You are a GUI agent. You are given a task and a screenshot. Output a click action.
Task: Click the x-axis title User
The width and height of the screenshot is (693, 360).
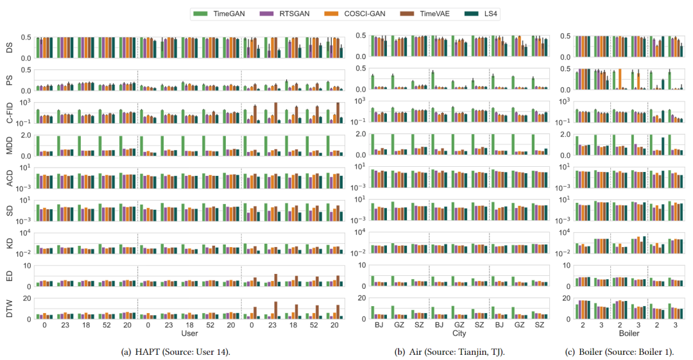pyautogui.click(x=189, y=334)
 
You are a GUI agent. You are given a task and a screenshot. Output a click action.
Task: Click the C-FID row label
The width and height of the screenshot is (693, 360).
pyautogui.click(x=10, y=112)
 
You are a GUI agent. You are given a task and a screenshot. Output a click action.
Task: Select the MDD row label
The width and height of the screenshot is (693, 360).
pyautogui.click(x=10, y=145)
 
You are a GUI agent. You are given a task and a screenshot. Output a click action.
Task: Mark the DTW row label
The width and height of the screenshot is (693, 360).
pyautogui.click(x=10, y=308)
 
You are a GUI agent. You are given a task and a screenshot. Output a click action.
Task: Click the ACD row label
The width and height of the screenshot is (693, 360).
pyautogui.click(x=10, y=178)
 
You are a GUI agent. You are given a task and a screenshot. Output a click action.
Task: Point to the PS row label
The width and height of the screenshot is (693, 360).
pyautogui.click(x=10, y=80)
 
